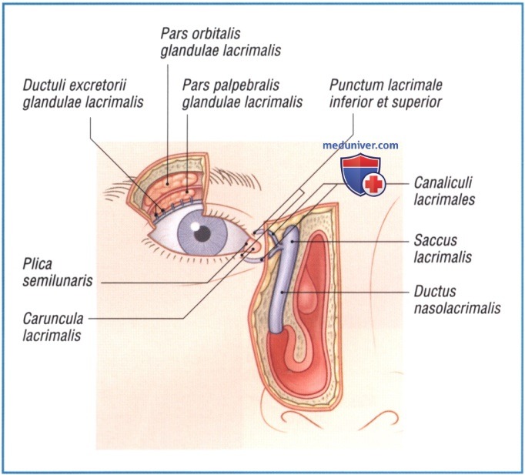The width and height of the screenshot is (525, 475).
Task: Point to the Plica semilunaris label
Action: (59, 273)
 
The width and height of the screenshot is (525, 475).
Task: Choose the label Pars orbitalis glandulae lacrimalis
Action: (220, 42)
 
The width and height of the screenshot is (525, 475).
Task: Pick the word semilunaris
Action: (59, 281)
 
